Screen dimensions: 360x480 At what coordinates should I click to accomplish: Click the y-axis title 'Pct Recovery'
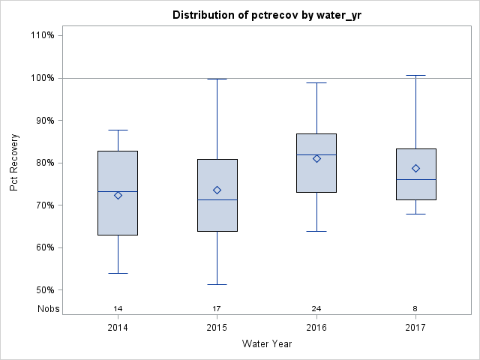[x=14, y=163]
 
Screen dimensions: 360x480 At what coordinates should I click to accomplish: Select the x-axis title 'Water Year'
[x=266, y=343]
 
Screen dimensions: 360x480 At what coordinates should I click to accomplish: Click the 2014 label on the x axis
[x=118, y=328]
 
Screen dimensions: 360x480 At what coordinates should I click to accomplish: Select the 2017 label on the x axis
[x=415, y=328]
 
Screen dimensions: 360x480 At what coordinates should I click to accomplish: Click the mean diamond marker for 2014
[x=118, y=195]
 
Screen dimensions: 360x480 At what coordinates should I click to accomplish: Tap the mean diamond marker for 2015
[x=217, y=190]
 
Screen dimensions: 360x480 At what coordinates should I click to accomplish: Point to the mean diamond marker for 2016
[x=316, y=158]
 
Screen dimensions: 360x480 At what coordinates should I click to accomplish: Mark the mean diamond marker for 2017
[x=415, y=168]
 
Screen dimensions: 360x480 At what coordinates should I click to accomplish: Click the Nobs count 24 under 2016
[x=316, y=308]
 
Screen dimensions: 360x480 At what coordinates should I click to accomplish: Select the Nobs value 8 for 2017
[x=415, y=308]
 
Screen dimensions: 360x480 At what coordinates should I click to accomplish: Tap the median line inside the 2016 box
[x=316, y=154]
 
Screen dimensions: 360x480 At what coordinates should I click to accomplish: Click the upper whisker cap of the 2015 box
[x=217, y=79]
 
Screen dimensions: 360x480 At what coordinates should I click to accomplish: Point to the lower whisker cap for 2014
[x=118, y=273]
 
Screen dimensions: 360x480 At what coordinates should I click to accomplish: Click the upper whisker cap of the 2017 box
[x=415, y=75]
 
